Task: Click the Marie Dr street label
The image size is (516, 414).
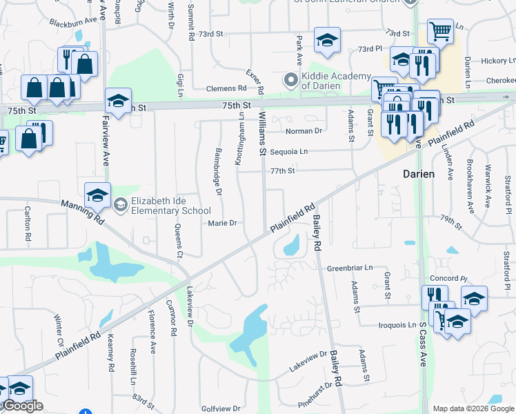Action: click(x=223, y=223)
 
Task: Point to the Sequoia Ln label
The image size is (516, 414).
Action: click(x=289, y=151)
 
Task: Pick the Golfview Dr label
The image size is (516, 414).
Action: click(x=219, y=408)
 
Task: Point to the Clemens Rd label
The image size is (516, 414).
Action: click(x=226, y=88)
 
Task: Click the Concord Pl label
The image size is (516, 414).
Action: click(x=449, y=278)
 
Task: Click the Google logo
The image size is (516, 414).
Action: click(x=22, y=406)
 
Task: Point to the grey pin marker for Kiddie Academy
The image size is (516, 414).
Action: click(x=290, y=81)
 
